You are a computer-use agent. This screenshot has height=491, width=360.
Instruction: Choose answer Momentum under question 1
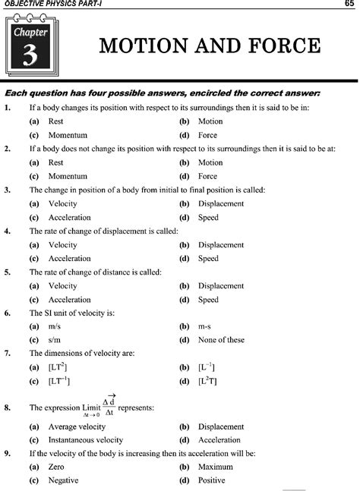click(x=67, y=135)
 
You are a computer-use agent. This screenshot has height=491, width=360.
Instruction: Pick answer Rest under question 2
click(x=55, y=162)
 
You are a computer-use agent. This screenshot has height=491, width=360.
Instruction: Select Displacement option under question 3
click(x=220, y=204)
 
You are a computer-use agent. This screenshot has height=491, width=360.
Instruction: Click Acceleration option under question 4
click(x=69, y=259)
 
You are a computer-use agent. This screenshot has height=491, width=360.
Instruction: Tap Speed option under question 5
click(x=208, y=300)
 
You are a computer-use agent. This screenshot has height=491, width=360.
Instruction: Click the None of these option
click(x=221, y=341)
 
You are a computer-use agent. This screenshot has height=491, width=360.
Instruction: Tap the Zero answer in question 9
click(x=56, y=467)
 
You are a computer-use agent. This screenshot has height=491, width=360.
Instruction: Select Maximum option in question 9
click(x=216, y=467)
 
